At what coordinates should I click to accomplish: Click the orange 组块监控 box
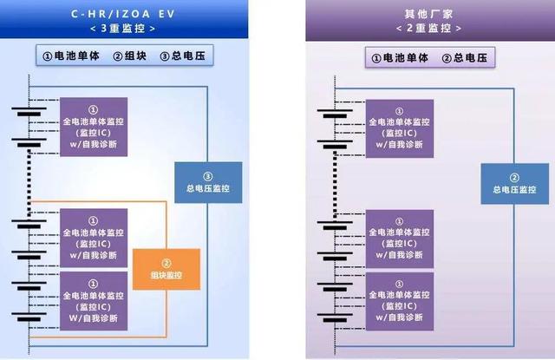[166, 269]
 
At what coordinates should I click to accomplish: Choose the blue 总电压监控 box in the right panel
[508, 183]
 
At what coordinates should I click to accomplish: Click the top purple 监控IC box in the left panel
[93, 128]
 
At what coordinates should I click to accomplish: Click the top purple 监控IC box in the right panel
[399, 128]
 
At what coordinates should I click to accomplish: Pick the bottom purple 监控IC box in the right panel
[399, 300]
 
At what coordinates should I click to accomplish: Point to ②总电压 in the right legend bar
[465, 58]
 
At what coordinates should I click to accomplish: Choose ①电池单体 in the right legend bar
[401, 58]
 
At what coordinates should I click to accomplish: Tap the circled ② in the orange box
[166, 262]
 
